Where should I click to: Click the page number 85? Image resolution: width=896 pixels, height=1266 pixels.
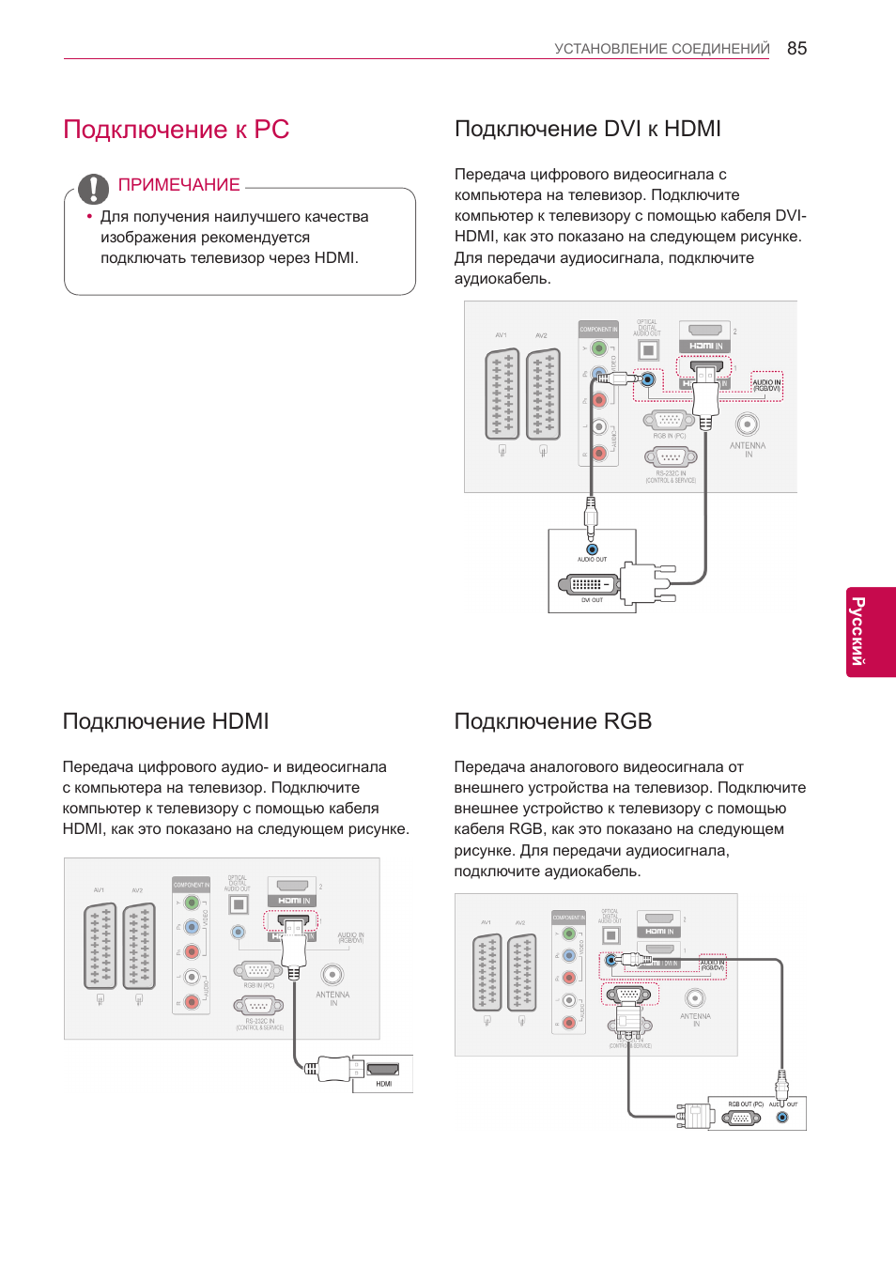point(796,49)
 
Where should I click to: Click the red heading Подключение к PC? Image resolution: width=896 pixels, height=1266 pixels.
point(176,130)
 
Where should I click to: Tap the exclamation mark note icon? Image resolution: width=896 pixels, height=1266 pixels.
point(93,189)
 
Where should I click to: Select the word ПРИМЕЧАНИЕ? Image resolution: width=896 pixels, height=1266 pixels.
point(178,185)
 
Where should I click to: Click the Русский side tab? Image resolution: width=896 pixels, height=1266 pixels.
point(871,631)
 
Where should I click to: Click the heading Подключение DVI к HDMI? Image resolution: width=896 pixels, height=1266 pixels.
point(587,129)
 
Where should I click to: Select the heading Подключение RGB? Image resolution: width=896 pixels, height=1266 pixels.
point(552,721)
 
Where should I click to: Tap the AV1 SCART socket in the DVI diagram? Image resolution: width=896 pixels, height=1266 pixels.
point(502,394)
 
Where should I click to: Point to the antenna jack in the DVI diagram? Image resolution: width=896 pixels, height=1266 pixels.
point(747,425)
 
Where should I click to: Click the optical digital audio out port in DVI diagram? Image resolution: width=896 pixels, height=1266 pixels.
point(647,350)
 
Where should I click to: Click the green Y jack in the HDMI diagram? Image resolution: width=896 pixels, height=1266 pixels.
point(192,903)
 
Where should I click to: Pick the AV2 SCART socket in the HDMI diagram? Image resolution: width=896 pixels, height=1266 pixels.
point(139,946)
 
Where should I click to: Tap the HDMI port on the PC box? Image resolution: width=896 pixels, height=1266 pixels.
point(382,1069)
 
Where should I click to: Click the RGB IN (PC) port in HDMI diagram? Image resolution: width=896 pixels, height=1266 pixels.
point(258,971)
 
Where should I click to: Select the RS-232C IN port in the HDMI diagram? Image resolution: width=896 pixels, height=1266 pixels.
point(258,1006)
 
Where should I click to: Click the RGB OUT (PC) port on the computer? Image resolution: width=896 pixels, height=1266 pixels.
point(741,1118)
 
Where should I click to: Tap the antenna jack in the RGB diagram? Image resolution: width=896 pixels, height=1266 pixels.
point(695,998)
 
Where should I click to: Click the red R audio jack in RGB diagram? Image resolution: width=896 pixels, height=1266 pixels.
point(568,1023)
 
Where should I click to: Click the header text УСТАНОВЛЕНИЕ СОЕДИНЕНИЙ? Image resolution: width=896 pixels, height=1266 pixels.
point(661,49)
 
